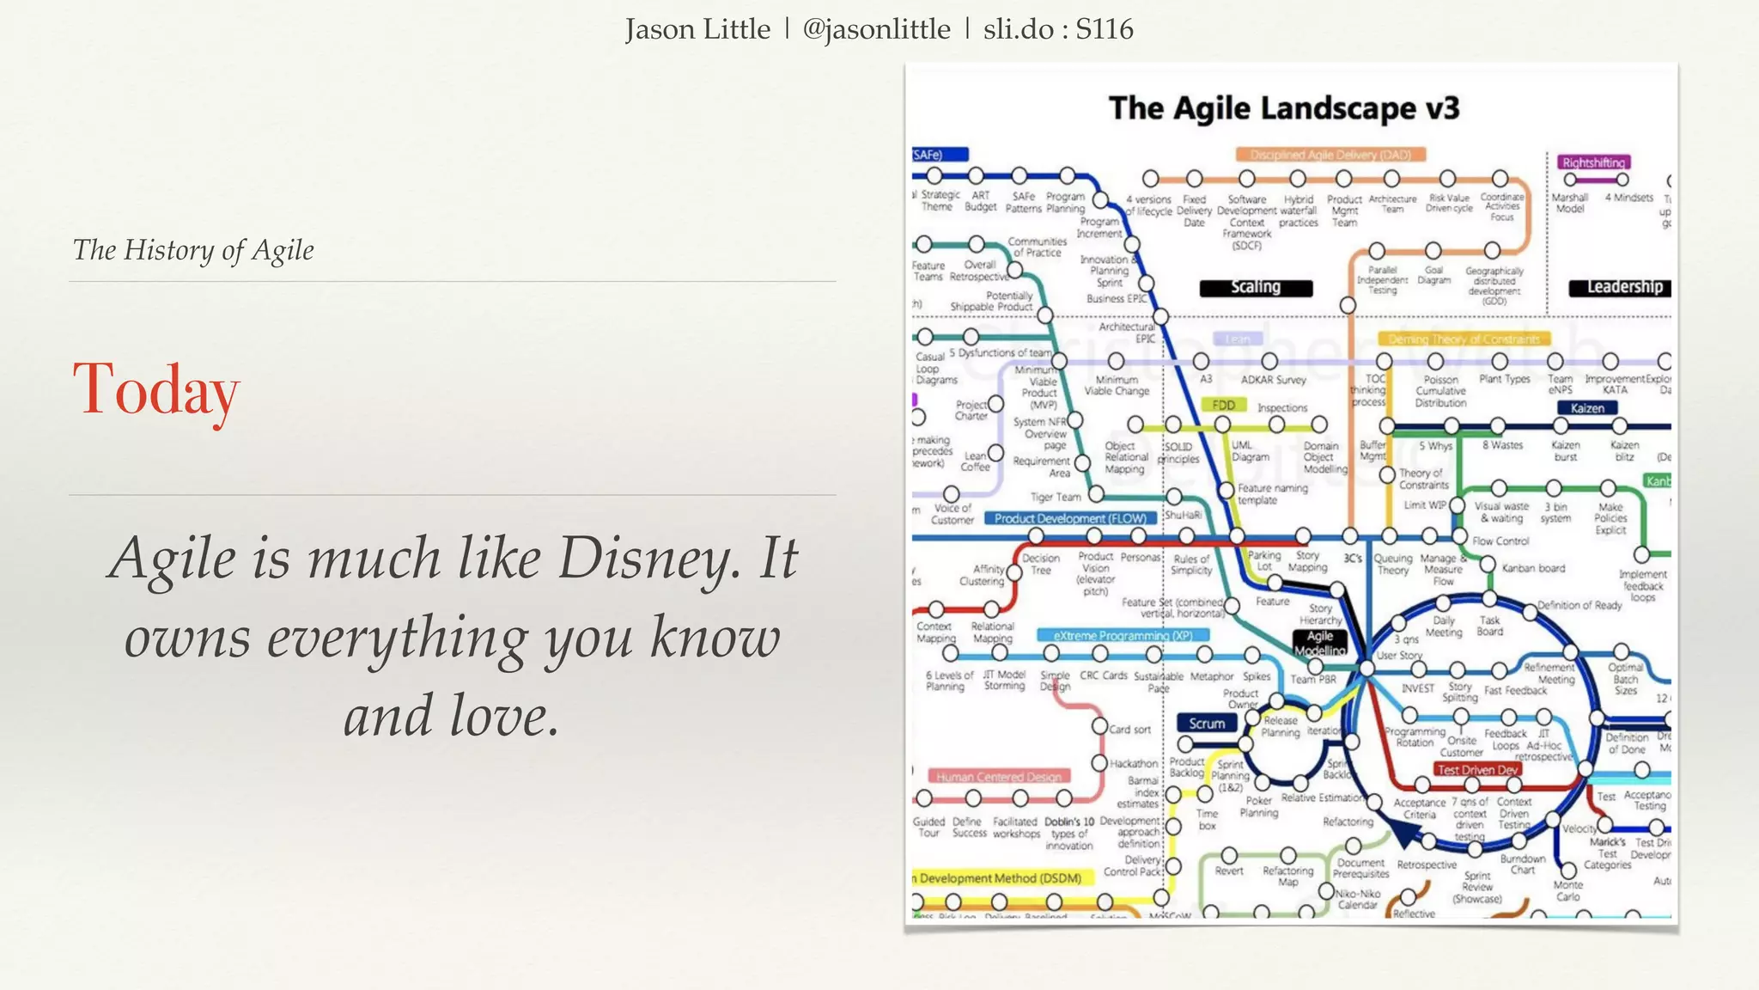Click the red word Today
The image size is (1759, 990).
[156, 389]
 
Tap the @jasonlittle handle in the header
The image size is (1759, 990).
[876, 29]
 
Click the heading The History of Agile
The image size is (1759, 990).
[193, 250]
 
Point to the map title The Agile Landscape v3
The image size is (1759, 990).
[1283, 108]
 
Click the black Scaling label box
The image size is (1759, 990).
[1256, 287]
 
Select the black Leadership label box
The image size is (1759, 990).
[1620, 287]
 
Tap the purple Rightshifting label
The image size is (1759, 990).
[1593, 162]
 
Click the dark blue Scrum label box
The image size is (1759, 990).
[1207, 724]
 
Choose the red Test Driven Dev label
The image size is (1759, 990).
[1477, 770]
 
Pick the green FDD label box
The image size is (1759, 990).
[1223, 405]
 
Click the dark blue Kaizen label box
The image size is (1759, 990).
[1587, 408]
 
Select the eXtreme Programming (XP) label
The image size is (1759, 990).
[1123, 635]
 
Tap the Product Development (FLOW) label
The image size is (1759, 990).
[1070, 518]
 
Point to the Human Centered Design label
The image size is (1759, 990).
[998, 777]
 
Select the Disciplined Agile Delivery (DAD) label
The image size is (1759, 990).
[1330, 155]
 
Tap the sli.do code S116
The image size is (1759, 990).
[1104, 29]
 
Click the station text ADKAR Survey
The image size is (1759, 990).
[1273, 379]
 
